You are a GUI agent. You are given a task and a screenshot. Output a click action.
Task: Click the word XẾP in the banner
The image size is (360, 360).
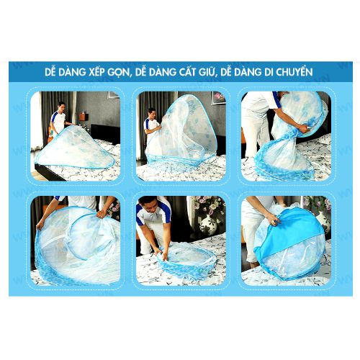[96, 72]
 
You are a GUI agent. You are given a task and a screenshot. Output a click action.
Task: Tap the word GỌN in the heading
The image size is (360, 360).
[119, 73]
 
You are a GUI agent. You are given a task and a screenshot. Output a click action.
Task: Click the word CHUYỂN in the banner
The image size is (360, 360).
[294, 71]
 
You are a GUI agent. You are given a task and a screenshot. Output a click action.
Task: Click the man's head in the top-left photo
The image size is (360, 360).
[62, 107]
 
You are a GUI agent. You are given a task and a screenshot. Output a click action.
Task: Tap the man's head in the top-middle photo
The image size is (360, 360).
[152, 113]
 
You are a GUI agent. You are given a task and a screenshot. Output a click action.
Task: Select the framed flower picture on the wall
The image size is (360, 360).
[219, 98]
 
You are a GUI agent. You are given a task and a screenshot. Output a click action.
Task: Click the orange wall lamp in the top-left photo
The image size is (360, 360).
[83, 116]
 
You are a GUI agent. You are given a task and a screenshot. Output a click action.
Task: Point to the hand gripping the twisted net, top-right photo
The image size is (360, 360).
[303, 129]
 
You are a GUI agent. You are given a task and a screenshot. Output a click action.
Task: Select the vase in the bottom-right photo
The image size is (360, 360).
[323, 221]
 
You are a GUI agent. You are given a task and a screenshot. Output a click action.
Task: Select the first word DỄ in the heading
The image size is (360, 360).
[50, 71]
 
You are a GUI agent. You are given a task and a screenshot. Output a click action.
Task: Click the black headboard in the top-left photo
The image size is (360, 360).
[105, 134]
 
